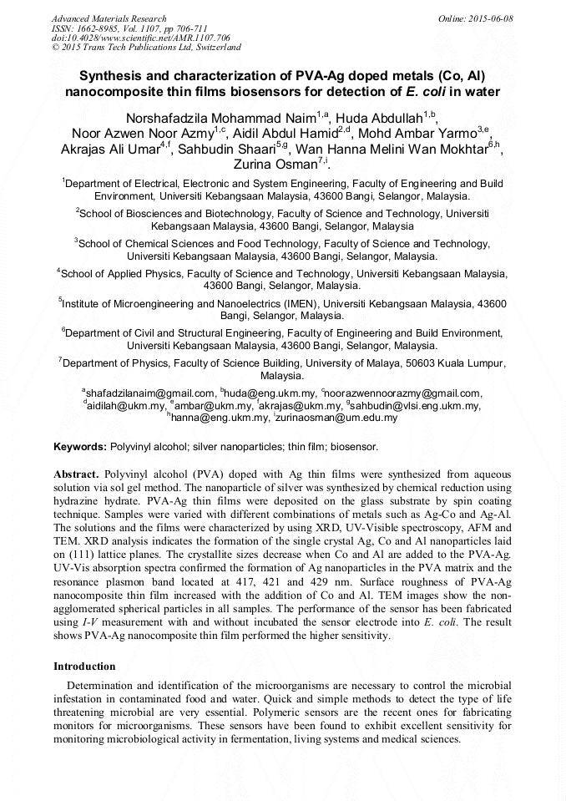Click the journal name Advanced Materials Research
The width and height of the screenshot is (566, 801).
109,18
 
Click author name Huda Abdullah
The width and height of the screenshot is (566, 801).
378,116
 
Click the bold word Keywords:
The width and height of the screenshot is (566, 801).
80,448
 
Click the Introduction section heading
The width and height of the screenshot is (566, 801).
84,667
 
